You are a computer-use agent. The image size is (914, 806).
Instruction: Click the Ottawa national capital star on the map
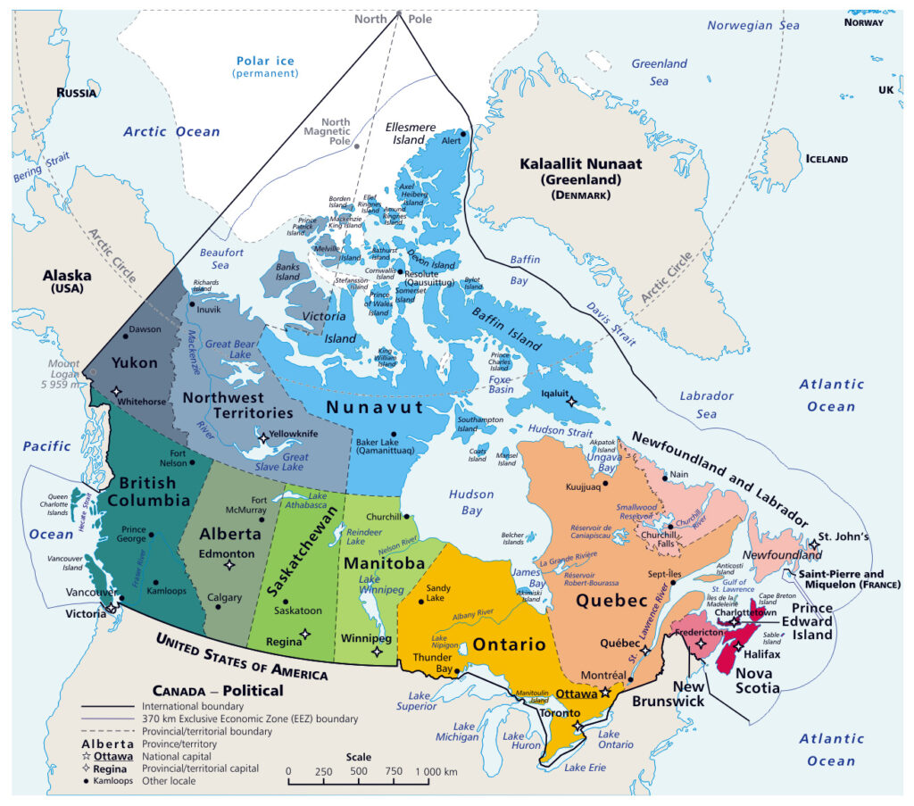(x=604, y=692)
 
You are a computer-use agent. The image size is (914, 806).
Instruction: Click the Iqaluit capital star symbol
(x=572, y=402)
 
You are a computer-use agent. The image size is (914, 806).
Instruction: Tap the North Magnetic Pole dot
(x=357, y=145)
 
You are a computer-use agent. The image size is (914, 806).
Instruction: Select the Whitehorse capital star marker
(x=117, y=390)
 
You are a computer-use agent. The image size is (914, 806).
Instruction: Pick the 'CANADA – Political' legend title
(x=218, y=690)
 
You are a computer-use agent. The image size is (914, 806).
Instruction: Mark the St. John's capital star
(x=814, y=544)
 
